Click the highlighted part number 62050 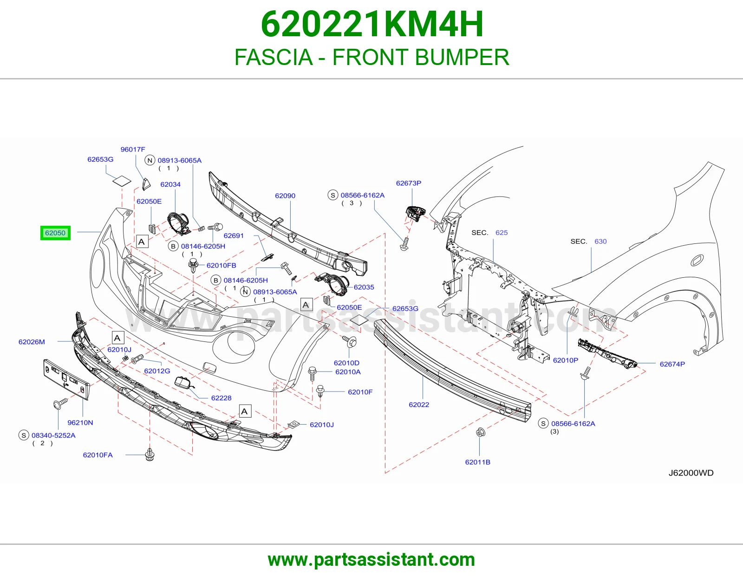(55, 233)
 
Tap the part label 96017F (133, 150)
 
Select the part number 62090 (285, 196)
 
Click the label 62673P (409, 183)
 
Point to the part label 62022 (419, 405)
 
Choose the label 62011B (478, 462)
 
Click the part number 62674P (672, 364)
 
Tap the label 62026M (32, 342)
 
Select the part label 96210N (80, 422)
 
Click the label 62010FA (98, 455)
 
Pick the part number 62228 (221, 398)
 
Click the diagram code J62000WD (691, 473)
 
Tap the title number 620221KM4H (372, 24)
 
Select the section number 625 (502, 233)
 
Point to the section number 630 (600, 242)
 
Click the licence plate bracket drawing (67, 379)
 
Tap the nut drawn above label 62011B (480, 432)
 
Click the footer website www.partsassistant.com (371, 560)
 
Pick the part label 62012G (157, 371)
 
